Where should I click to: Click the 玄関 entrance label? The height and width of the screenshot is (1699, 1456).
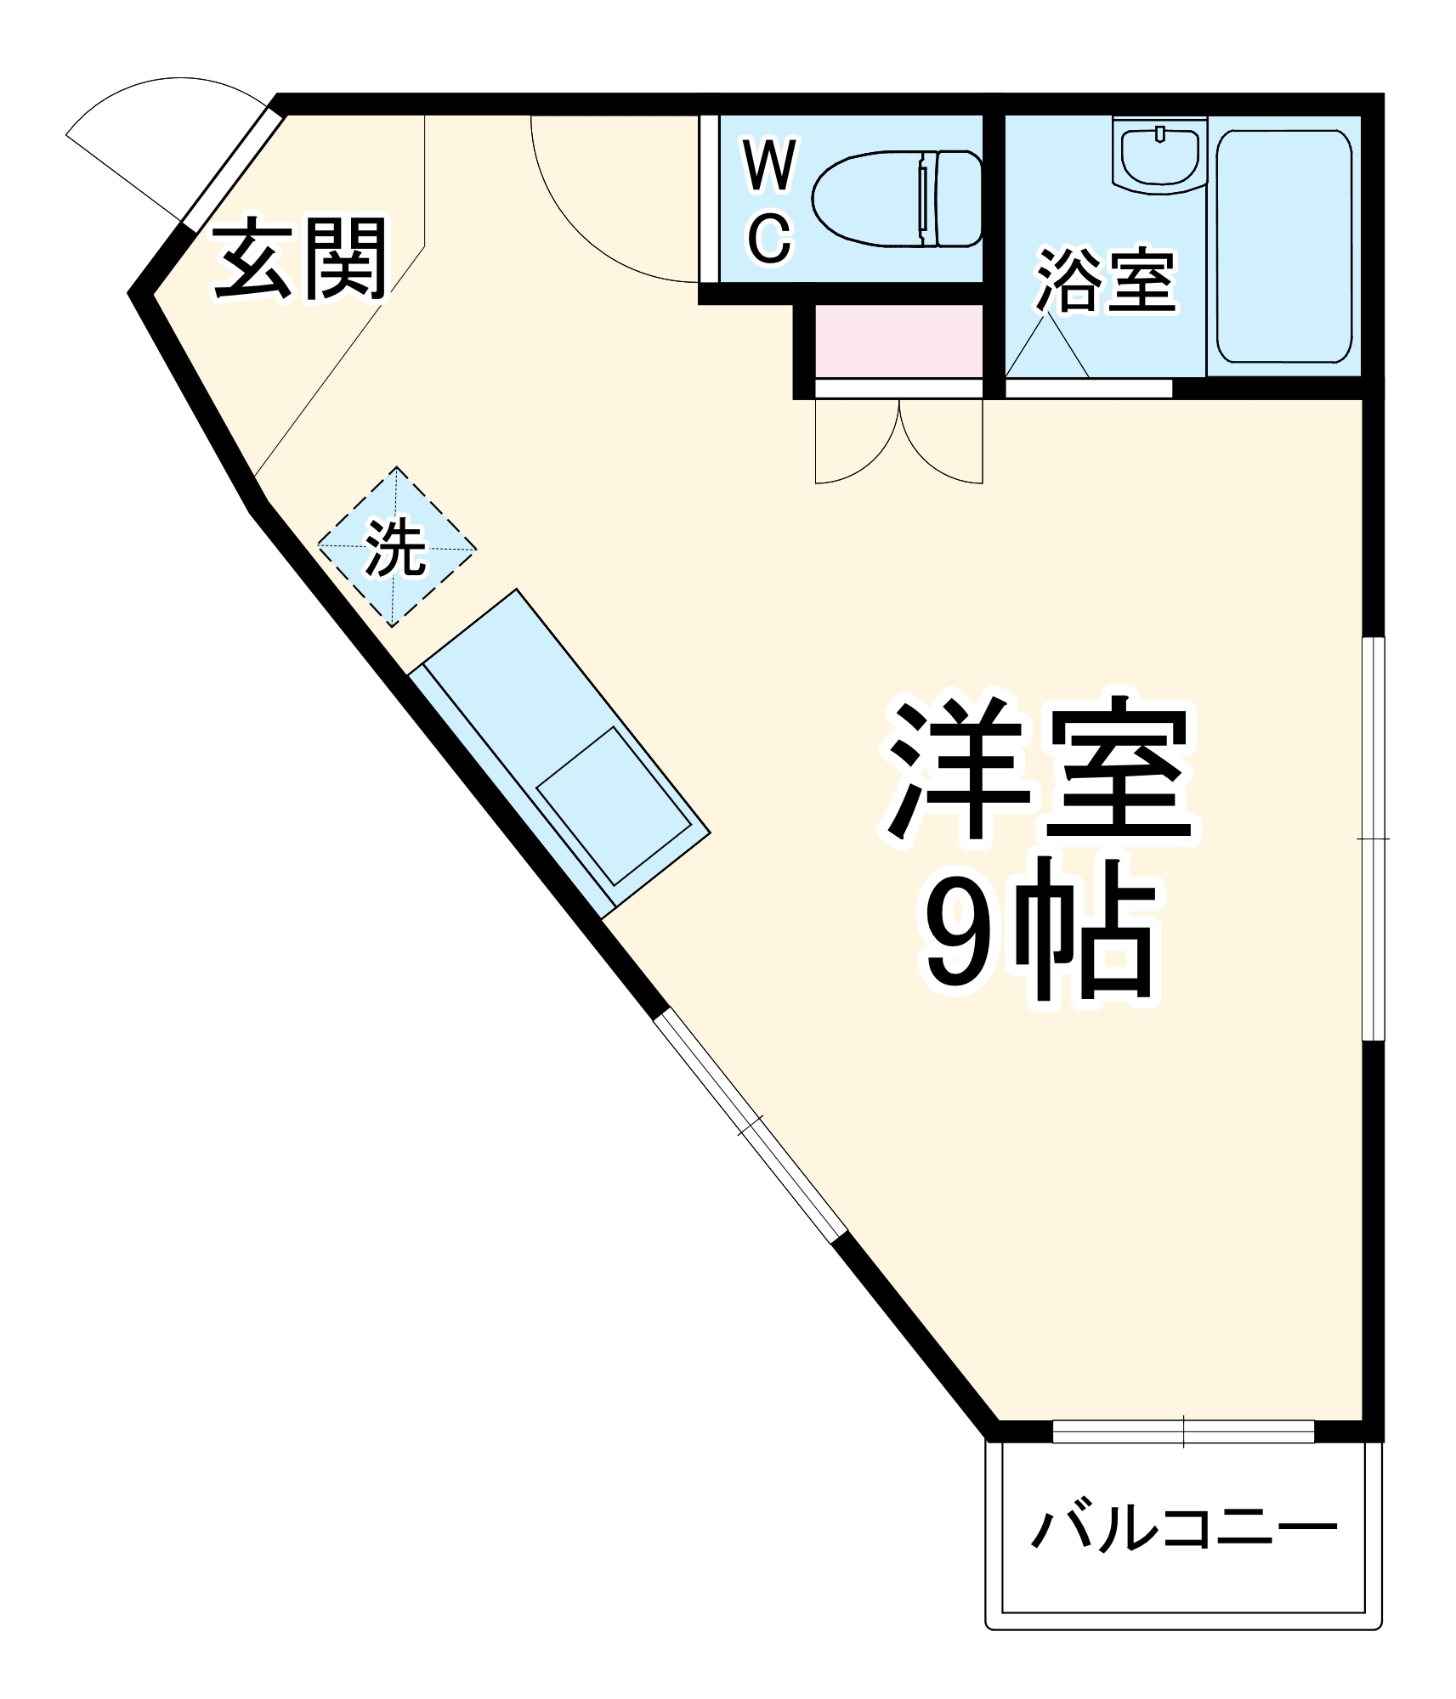(x=299, y=259)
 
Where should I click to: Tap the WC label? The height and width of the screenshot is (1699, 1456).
(x=769, y=202)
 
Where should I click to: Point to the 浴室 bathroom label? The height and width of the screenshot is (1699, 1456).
(x=1105, y=280)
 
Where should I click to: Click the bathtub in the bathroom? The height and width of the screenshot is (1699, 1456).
(x=1283, y=246)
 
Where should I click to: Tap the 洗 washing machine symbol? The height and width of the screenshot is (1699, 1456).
(x=396, y=547)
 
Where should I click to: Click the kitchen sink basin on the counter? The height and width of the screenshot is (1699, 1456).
(x=613, y=806)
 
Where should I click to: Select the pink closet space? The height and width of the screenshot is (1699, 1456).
(x=898, y=341)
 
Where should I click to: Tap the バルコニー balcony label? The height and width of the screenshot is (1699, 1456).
(x=1184, y=1529)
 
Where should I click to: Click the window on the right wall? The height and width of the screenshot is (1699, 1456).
(x=1373, y=838)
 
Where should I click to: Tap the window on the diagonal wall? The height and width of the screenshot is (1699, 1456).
(x=750, y=1126)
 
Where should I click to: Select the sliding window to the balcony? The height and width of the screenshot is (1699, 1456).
(x=1183, y=1431)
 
